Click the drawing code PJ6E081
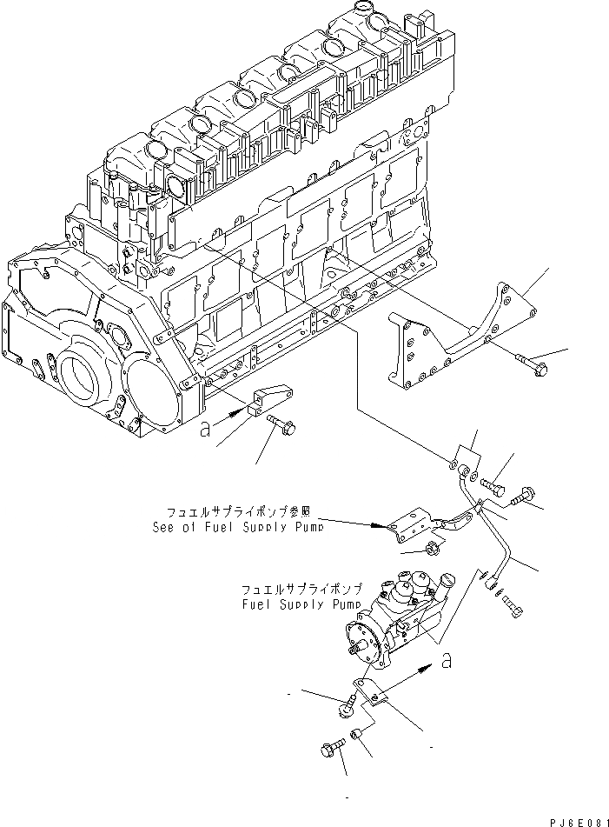[x=574, y=820]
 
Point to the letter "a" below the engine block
[x=203, y=429]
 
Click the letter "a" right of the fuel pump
[x=446, y=662]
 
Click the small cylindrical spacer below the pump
[x=358, y=740]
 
